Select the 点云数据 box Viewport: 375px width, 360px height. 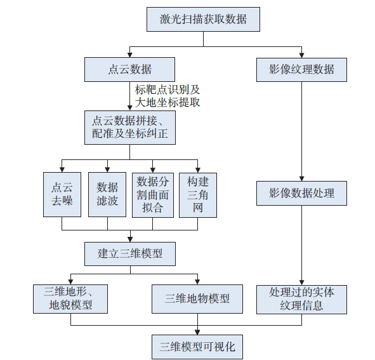click(x=129, y=69)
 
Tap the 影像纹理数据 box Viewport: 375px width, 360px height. click(x=301, y=69)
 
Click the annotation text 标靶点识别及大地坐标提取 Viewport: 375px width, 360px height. click(x=168, y=95)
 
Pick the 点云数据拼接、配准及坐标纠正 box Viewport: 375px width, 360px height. click(x=129, y=127)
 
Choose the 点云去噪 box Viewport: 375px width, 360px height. click(x=62, y=194)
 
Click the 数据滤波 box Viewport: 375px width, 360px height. click(x=107, y=194)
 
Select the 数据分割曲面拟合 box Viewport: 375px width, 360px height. click(x=153, y=194)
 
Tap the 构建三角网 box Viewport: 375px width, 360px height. click(x=198, y=194)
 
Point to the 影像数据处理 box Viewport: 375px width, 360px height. click(x=301, y=193)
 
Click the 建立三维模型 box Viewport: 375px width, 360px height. click(x=129, y=253)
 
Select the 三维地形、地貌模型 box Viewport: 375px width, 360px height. click(x=70, y=298)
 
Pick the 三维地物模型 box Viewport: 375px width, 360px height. click(x=197, y=298)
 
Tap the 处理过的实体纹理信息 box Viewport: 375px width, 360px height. click(x=301, y=298)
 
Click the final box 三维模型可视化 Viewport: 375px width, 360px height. click(x=197, y=347)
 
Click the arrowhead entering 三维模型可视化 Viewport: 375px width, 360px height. click(x=197, y=331)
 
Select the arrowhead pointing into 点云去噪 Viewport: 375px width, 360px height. click(x=62, y=169)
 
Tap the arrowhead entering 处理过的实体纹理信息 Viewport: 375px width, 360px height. click(x=301, y=283)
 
